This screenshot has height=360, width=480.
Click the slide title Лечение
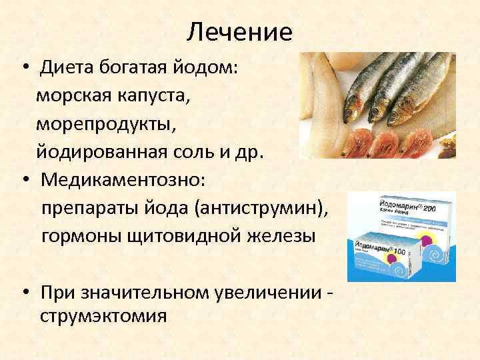(x=239, y=31)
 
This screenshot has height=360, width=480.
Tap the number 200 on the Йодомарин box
(x=442, y=201)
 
